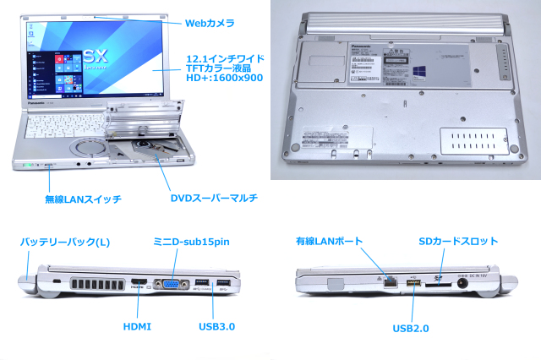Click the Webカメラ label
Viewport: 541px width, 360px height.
pyautogui.click(x=211, y=23)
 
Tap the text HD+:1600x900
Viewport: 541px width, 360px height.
pyautogui.click(x=224, y=78)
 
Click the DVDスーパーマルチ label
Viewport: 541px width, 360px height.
pyautogui.click(x=213, y=199)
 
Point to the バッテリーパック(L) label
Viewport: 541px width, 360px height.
pyautogui.click(x=66, y=243)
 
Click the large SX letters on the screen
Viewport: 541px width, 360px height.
pyautogui.click(x=95, y=56)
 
